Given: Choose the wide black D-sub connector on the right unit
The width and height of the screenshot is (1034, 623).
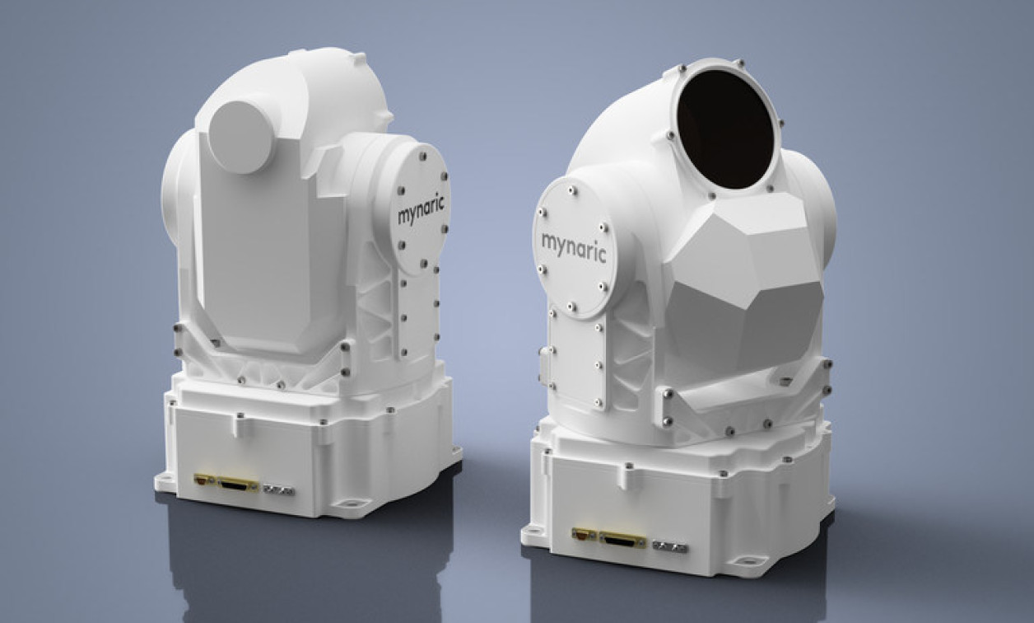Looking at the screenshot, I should click(x=623, y=539).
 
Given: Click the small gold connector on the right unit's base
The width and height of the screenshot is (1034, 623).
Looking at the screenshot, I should click(x=584, y=534).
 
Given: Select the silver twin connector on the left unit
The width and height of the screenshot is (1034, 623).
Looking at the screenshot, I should click(x=278, y=489).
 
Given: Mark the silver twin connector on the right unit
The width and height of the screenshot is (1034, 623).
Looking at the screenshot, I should click(x=670, y=546).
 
